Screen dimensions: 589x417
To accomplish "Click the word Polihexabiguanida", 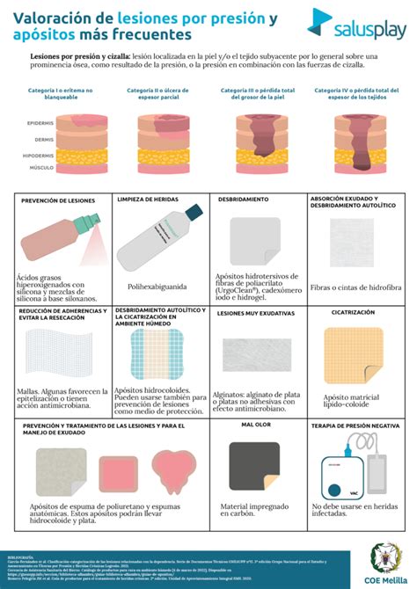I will point(157,286).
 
